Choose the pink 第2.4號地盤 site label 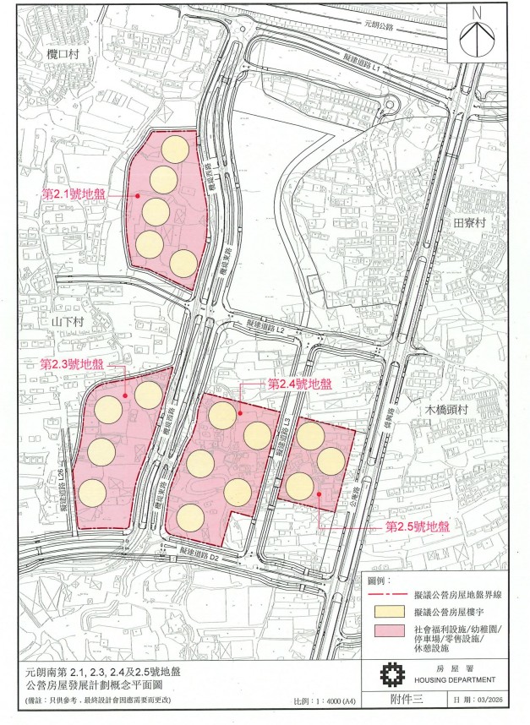point(300,384)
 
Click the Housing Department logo point(390,676)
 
